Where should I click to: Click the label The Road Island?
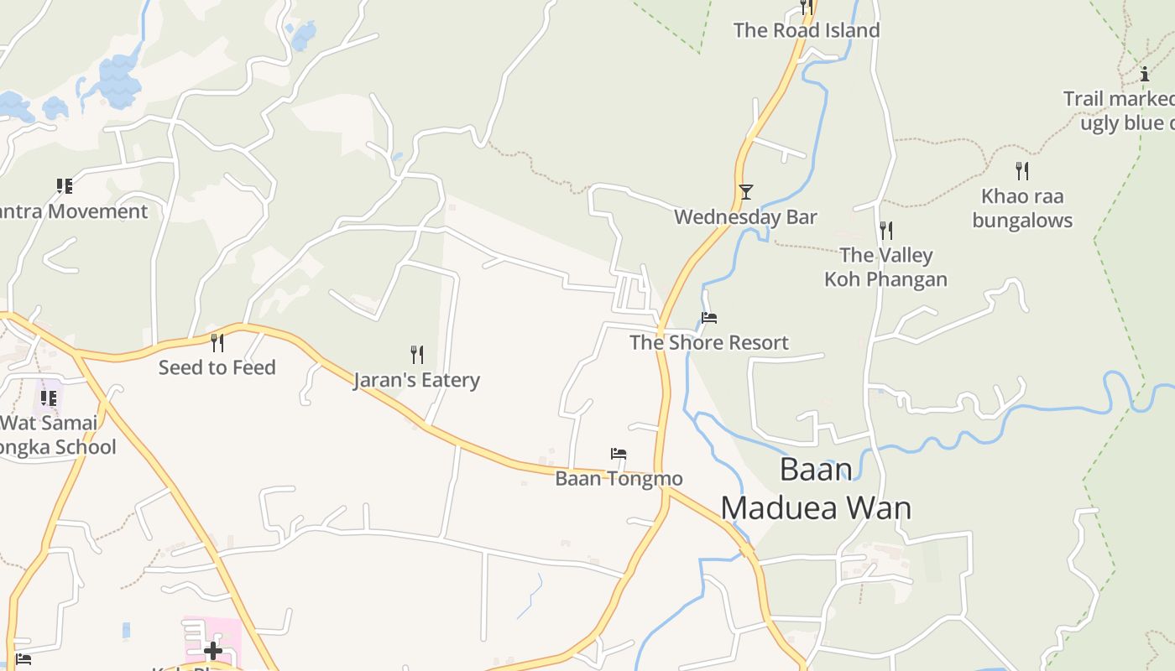(806, 30)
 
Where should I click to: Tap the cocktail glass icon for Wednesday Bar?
(745, 191)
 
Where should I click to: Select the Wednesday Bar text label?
(745, 217)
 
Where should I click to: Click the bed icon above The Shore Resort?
(709, 318)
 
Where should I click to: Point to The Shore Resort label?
(709, 342)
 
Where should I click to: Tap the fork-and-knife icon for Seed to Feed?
(217, 342)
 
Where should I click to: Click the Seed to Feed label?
(217, 367)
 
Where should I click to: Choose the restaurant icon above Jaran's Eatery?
(416, 354)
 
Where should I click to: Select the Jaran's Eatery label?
(416, 380)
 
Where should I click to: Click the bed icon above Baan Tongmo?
(619, 454)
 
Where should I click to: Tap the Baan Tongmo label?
(619, 479)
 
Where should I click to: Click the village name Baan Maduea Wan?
(816, 488)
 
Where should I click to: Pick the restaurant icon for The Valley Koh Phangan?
(885, 230)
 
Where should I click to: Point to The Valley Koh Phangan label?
(885, 267)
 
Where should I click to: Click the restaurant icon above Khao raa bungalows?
(1021, 171)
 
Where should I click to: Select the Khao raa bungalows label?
(1021, 208)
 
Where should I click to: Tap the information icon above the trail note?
(1144, 74)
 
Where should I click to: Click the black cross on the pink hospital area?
(212, 650)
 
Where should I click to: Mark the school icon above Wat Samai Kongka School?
(49, 398)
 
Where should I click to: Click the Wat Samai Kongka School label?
(55, 434)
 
